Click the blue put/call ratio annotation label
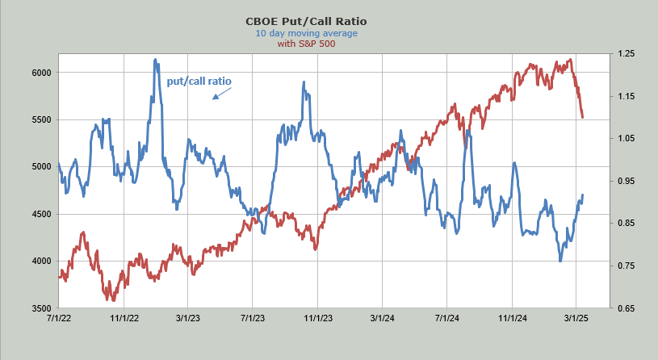click(x=198, y=82)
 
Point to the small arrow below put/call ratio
click(x=221, y=94)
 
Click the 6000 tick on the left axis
click(x=41, y=73)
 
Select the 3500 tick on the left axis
click(x=41, y=308)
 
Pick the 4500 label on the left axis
click(x=41, y=214)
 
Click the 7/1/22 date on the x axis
click(x=58, y=319)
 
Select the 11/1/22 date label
click(x=124, y=319)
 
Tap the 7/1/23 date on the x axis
click(x=253, y=319)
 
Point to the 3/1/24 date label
click(x=382, y=319)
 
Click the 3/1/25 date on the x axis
click(x=576, y=319)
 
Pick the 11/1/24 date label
click(x=511, y=319)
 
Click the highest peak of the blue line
click(x=154, y=59)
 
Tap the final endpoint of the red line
click(x=582, y=118)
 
